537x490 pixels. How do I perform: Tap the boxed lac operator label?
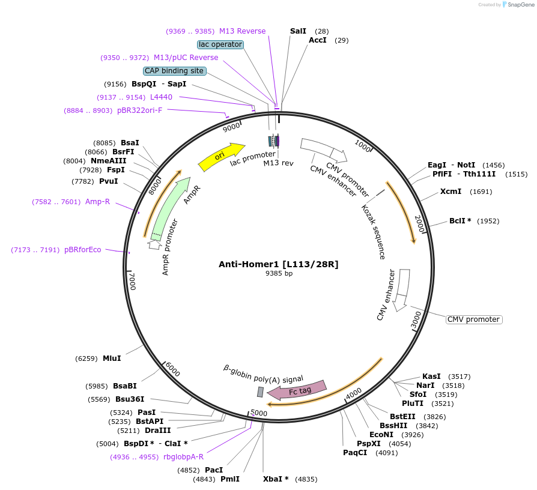pyautogui.click(x=220, y=44)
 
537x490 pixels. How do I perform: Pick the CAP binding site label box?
pyautogui.click(x=174, y=71)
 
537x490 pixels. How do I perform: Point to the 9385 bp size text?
pyautogui.click(x=279, y=273)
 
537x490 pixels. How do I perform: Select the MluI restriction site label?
pyautogui.click(x=112, y=358)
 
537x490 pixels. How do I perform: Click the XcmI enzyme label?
pyautogui.click(x=451, y=192)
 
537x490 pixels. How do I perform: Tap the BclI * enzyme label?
pyautogui.click(x=460, y=221)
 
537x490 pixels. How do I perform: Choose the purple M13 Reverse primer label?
pyautogui.click(x=242, y=31)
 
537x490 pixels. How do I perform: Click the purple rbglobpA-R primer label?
pyautogui.click(x=183, y=457)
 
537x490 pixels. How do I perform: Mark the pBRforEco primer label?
pyautogui.click(x=83, y=250)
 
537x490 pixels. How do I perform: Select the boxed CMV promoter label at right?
pyautogui.click(x=474, y=319)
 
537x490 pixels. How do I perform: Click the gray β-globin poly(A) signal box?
pyautogui.click(x=260, y=392)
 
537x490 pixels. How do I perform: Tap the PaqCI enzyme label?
pyautogui.click(x=355, y=453)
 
